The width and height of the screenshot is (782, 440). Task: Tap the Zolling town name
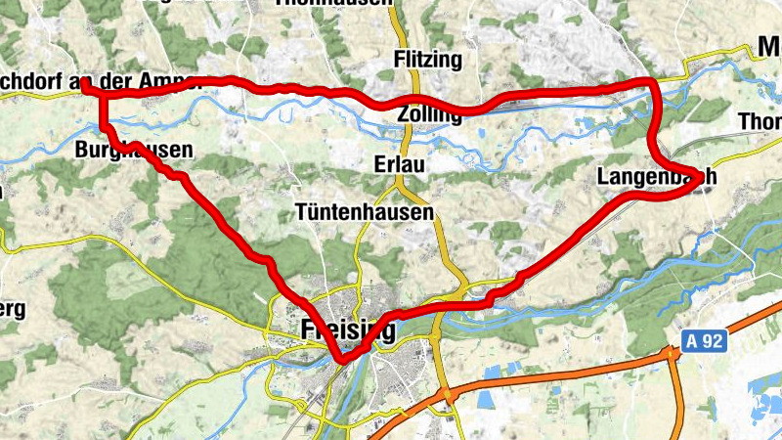[429, 115]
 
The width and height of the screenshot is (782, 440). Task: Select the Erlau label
[399, 165]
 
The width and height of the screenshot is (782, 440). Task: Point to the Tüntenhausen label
[364, 211]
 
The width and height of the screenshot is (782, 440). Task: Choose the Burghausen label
[133, 152]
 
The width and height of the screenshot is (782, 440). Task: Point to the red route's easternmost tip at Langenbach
[702, 175]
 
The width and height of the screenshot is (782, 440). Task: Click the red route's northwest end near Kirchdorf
[85, 86]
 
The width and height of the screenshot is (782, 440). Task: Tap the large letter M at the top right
[768, 46]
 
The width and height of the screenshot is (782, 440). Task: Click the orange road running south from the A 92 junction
[677, 401]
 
